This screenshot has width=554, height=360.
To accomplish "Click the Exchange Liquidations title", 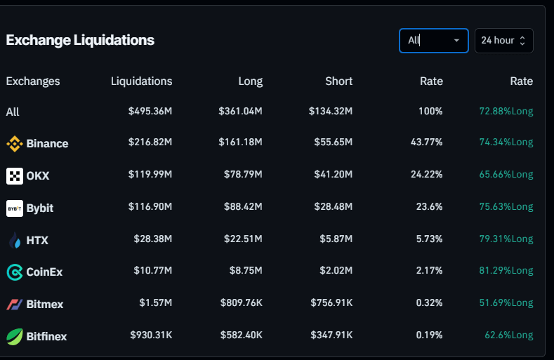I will click(80, 40).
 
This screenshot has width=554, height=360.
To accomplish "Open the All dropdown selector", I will click(433, 40).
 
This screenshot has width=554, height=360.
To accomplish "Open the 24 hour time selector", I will click(503, 40).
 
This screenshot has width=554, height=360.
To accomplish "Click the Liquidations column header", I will click(141, 81).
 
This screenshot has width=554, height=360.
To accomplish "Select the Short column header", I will click(338, 81).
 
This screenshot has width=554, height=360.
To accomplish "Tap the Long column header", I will click(250, 81).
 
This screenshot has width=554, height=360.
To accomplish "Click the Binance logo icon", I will click(15, 144).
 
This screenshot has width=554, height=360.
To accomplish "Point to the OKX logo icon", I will click(15, 176).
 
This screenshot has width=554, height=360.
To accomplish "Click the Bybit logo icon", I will click(15, 208).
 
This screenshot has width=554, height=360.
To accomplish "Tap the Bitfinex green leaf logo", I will click(15, 337).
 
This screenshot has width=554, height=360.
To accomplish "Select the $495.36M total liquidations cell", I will click(150, 112).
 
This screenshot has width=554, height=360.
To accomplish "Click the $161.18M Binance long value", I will click(241, 142).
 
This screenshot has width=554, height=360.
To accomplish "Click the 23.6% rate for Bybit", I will click(426, 207).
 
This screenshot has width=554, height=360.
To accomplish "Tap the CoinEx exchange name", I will click(44, 272).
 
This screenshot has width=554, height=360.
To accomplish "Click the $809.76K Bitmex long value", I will click(241, 303).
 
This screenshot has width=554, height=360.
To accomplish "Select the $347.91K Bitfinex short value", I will click(331, 335).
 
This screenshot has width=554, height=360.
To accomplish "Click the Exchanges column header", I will click(33, 81).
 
